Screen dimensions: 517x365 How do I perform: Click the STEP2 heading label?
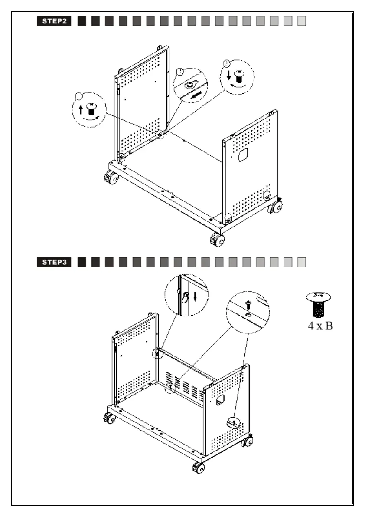point(54,21)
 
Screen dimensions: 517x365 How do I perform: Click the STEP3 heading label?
point(54,262)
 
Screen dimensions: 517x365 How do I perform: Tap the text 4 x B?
point(320,326)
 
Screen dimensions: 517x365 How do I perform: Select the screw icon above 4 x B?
point(319,305)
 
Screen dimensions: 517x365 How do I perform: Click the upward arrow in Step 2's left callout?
point(80,109)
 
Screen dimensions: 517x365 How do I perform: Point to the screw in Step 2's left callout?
point(91,108)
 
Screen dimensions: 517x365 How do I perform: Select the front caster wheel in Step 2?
point(217,239)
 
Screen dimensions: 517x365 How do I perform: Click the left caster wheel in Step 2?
point(111,178)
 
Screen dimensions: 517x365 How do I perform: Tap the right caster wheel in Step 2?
point(275,207)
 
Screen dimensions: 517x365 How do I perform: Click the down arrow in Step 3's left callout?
point(195,296)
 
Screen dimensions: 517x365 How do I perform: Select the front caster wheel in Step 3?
point(199,468)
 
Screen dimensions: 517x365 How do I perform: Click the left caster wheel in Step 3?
point(109,418)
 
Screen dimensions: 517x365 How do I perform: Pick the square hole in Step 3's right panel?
point(220,399)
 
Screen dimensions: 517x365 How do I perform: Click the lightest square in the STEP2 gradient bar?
point(302,21)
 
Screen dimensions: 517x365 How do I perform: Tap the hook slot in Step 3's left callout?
point(185,297)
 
